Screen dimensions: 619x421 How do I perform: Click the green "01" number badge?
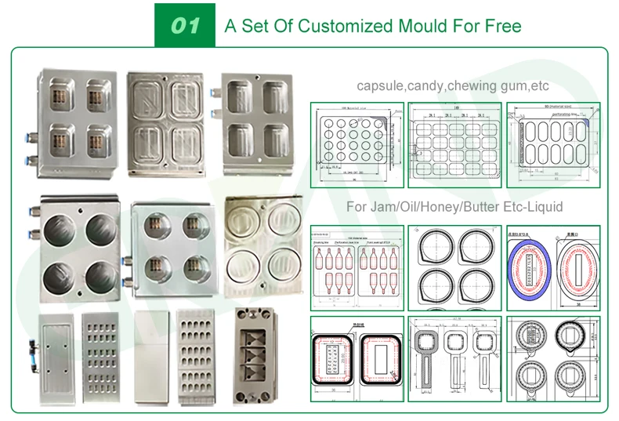pos(185,25)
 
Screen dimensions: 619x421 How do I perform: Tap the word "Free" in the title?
pos(503,26)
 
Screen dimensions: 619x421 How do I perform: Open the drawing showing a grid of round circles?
pos(357,145)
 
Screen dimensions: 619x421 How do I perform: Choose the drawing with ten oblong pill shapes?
pos(553,145)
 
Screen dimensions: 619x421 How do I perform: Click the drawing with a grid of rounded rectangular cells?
pos(455,145)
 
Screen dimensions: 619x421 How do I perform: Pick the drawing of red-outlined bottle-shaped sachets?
pos(357,267)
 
